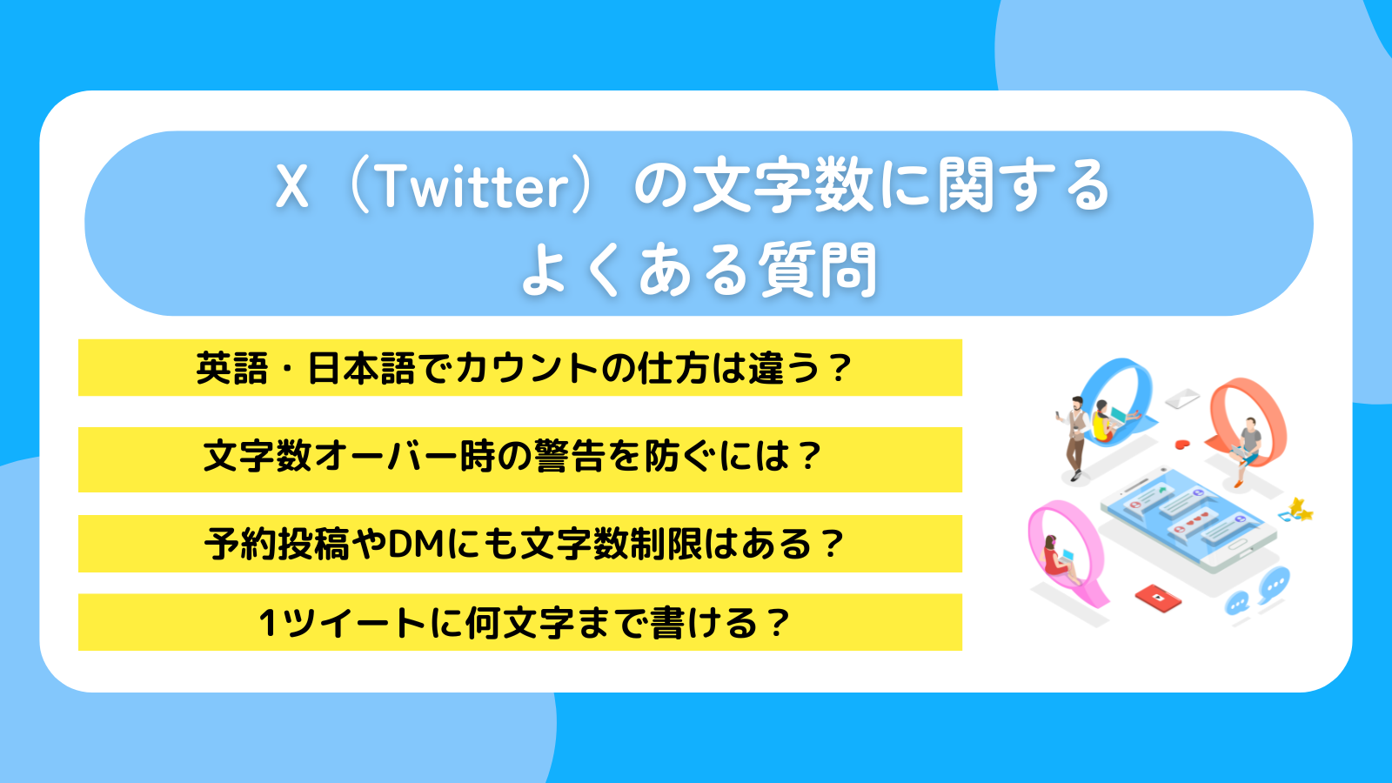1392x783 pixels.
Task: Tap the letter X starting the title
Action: (x=292, y=186)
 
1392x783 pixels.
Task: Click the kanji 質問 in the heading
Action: (x=818, y=271)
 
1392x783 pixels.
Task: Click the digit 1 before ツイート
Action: (x=269, y=624)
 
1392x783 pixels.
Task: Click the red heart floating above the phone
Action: (x=1181, y=444)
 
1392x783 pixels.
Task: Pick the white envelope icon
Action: (x=1181, y=398)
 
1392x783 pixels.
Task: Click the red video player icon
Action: (x=1158, y=598)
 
